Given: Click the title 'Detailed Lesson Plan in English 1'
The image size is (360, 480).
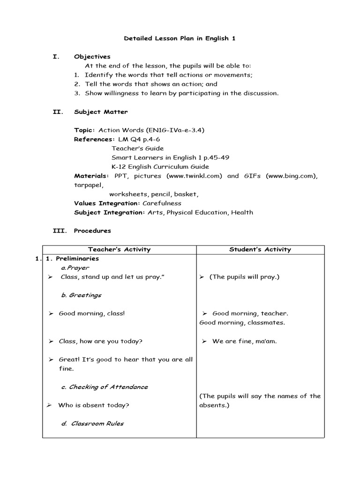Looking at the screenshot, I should pos(180,38).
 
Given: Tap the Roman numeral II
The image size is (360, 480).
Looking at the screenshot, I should pos(56,112).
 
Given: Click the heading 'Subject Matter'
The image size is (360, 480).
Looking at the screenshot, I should pos(101,112).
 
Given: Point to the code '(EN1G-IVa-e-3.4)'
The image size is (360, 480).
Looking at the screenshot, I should pos(175,130).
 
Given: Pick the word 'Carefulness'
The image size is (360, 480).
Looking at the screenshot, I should pos(161,203).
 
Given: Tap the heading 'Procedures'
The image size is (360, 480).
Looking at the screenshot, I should pos(92,231).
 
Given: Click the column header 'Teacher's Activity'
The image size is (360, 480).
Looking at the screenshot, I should pos(120,249).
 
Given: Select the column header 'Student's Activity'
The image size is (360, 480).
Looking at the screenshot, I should pos(260,249).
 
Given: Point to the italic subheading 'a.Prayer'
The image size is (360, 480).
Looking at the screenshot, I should pos(75,267).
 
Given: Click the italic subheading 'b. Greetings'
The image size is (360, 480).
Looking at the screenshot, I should pos(81,295).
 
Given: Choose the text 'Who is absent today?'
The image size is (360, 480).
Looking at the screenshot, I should pos(94,405).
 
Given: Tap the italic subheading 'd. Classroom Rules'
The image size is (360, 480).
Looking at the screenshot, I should pos(92,423).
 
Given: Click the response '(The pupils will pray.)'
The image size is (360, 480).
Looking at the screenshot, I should pos(244,277).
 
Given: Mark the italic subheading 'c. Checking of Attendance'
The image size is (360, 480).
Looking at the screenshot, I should pos(105,387).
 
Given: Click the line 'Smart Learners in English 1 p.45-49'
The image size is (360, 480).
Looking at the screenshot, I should pos(170,157).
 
